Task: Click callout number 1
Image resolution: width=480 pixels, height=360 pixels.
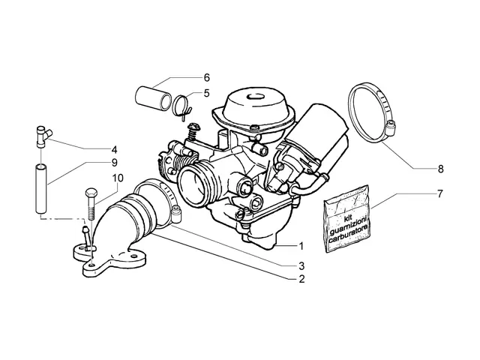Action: click(301, 246)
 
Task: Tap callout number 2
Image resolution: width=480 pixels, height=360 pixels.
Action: click(301, 279)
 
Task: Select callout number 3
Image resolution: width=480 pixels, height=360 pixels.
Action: click(301, 266)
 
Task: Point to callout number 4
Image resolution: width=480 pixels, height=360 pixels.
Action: click(114, 150)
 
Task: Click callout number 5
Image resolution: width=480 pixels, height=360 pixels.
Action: click(207, 93)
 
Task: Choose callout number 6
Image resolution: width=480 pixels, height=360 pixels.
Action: click(207, 78)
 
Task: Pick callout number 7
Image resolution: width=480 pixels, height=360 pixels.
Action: click(440, 193)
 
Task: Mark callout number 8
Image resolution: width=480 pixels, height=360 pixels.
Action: click(440, 169)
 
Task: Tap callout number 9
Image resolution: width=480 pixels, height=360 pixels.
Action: click(114, 163)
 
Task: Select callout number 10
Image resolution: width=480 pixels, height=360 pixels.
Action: click(118, 178)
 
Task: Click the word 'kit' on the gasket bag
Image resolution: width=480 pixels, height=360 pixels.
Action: click(346, 218)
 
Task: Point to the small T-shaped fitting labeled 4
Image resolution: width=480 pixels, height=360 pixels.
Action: click(43, 136)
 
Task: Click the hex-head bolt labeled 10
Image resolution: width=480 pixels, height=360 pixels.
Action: click(91, 204)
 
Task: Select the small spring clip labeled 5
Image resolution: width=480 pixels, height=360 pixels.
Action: click(182, 107)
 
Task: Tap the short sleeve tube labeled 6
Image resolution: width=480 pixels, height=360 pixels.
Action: click(153, 97)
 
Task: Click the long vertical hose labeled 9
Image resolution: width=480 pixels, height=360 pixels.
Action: click(41, 189)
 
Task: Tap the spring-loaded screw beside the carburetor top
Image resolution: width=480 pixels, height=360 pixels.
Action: click(193, 131)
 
